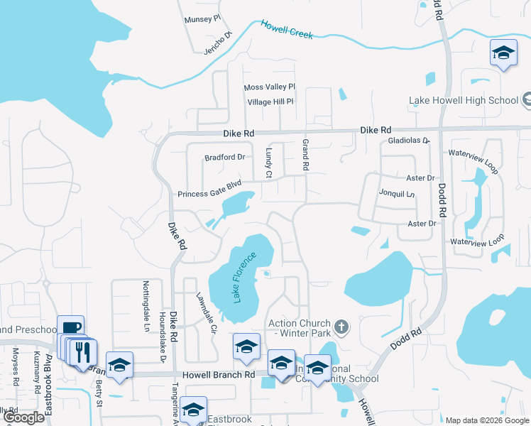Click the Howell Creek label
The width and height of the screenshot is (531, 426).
click(x=287, y=29)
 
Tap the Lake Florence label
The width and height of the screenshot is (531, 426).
click(x=243, y=277)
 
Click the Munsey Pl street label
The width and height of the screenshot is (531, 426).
click(x=203, y=19)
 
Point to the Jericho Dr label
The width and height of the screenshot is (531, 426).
click(x=219, y=43)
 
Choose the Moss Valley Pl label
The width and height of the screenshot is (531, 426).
click(x=269, y=87)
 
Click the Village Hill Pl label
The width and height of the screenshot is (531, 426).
click(x=270, y=102)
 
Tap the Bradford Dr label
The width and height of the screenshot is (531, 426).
click(x=224, y=157)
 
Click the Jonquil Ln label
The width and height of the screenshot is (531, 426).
click(x=396, y=192)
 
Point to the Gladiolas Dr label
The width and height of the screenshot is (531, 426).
click(x=409, y=141)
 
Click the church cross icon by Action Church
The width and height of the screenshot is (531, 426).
click(x=341, y=327)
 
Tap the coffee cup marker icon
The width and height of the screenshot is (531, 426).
click(x=70, y=327)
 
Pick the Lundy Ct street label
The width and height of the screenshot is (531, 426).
click(x=269, y=164)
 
